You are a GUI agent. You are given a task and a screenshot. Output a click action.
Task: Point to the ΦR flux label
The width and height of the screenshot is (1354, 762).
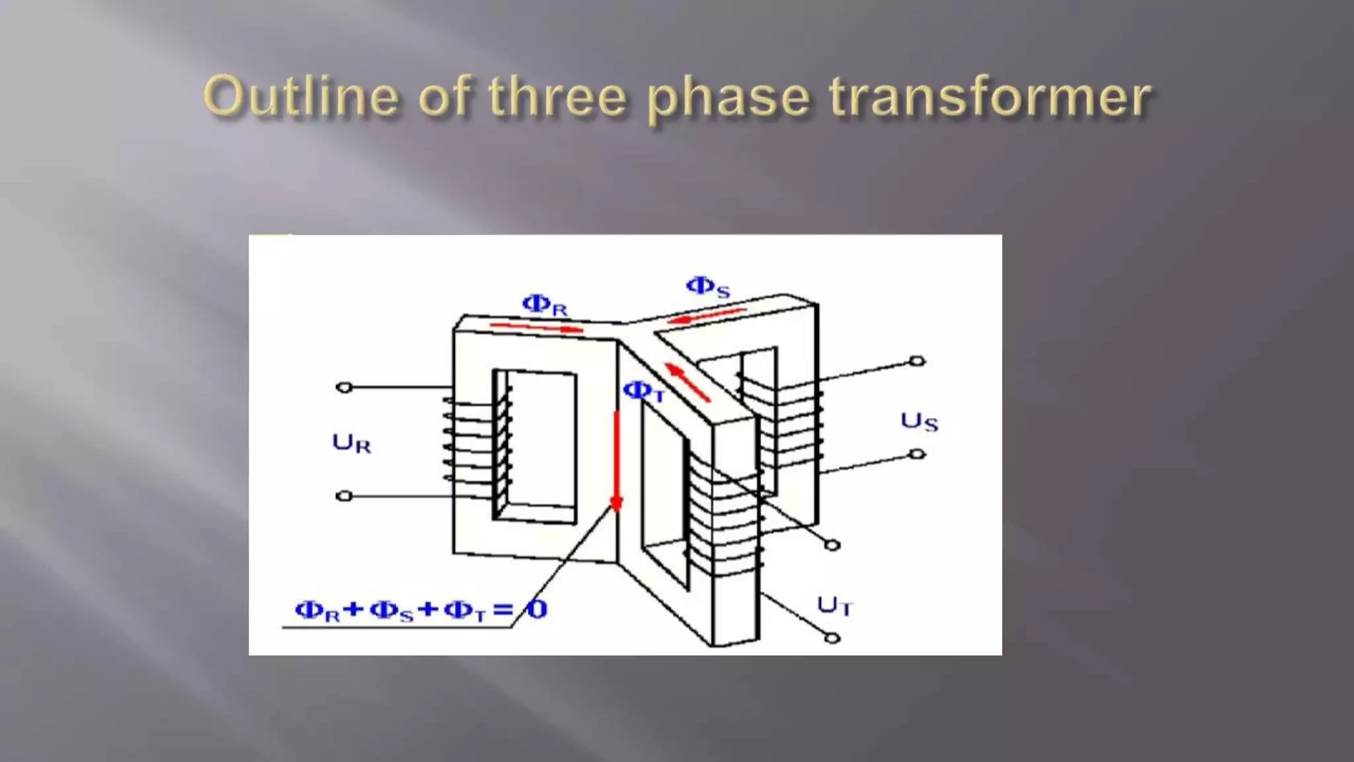click(545, 305)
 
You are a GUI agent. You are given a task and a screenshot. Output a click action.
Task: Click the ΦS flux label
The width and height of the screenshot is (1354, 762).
click(708, 287)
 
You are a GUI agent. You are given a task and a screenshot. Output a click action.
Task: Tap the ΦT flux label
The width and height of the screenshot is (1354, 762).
click(643, 392)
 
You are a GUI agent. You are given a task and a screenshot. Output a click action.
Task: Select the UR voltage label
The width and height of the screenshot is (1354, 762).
click(351, 443)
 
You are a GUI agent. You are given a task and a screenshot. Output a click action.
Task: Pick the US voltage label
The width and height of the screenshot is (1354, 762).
click(919, 421)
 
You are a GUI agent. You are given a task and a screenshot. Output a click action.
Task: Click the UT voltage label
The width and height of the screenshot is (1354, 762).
click(835, 605)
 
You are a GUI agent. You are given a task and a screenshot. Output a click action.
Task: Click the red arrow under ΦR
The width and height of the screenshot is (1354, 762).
click(536, 327)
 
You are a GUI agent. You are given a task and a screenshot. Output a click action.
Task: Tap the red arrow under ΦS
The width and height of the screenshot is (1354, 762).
click(706, 316)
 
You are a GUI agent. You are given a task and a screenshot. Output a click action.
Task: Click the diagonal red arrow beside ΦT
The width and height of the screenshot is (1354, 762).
click(687, 382)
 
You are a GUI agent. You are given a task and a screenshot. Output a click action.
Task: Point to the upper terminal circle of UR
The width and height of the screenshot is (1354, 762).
click(344, 388)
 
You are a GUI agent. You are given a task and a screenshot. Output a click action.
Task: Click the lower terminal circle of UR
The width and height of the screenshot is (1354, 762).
click(344, 495)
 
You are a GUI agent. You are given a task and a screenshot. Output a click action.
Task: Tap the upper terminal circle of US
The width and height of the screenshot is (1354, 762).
click(917, 361)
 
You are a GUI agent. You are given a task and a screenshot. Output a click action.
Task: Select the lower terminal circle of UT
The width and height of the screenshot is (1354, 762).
click(833, 638)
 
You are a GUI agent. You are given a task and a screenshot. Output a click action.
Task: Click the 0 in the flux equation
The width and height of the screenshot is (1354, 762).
click(538, 609)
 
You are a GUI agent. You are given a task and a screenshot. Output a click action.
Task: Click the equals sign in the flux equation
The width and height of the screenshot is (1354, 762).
click(502, 609)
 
